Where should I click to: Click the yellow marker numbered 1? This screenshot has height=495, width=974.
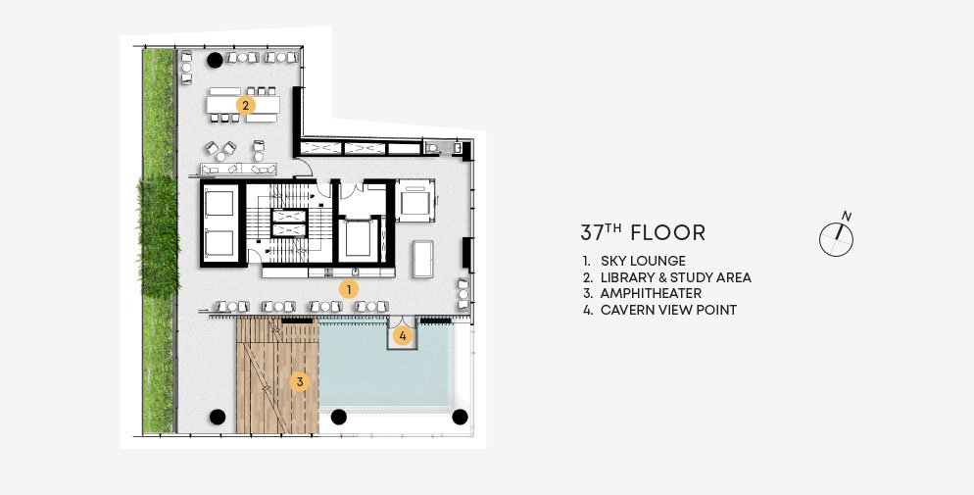point(349,289)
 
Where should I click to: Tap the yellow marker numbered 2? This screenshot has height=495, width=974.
point(245,105)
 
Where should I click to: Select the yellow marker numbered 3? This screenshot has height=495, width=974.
point(300,382)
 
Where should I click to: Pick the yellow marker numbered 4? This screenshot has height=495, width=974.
point(403,336)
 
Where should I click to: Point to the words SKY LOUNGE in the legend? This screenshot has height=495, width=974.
point(643,261)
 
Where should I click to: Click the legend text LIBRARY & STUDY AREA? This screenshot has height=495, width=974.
point(676,277)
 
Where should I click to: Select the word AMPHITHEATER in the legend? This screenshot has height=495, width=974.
point(651,293)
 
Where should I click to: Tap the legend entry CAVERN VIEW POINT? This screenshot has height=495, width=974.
point(668,310)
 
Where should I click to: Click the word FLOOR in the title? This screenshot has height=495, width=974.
point(667,233)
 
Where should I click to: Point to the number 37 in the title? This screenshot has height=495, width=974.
point(592,233)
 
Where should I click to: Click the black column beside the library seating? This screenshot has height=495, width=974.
point(215,60)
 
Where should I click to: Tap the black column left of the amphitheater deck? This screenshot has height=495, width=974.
point(218,417)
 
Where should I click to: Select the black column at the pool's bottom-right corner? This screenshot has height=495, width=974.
point(460,417)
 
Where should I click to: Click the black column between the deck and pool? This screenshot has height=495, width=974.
point(338,417)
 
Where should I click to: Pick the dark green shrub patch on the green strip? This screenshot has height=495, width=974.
point(158,236)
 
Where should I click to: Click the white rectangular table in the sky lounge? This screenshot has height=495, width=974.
point(423,259)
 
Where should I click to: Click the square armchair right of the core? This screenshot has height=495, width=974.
point(415,199)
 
